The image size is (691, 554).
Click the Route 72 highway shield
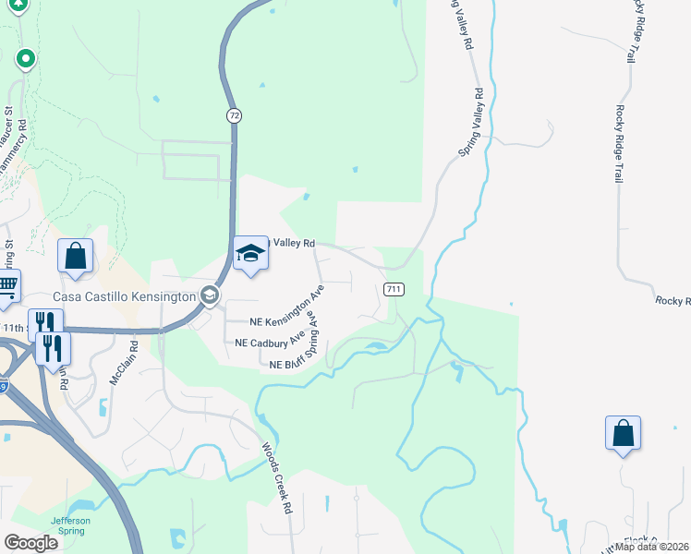[x=236, y=115]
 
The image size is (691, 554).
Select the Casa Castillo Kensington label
[x=124, y=295]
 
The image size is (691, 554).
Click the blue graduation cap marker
[x=250, y=253]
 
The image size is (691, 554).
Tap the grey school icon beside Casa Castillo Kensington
[x=210, y=295]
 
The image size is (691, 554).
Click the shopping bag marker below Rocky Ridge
[x=623, y=432]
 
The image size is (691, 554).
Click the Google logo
[x=30, y=544]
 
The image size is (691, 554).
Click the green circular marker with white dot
[x=26, y=60]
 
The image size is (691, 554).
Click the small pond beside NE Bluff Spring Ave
[x=375, y=346]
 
